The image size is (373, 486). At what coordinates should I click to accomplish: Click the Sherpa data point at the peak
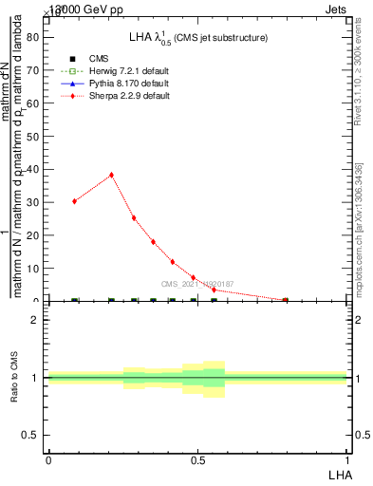[x=111, y=175]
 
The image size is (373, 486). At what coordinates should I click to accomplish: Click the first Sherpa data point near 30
[x=74, y=201]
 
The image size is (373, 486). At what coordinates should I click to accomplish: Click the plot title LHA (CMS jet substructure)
[x=198, y=37]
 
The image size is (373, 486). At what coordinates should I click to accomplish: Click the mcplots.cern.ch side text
[x=359, y=228]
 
